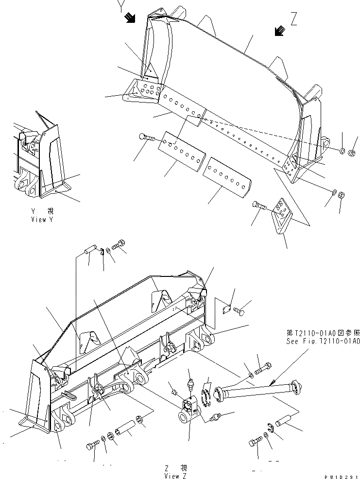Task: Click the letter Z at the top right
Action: point(293,19)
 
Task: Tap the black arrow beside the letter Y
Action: point(130,18)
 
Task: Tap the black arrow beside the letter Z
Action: point(279,31)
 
